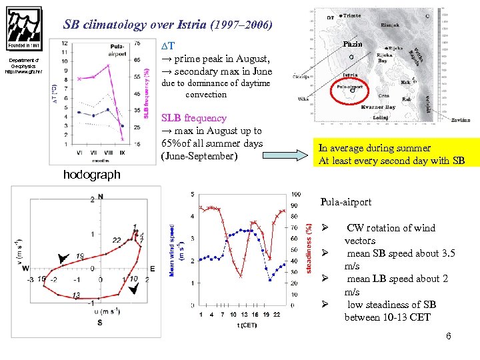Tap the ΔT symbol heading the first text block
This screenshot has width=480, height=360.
point(169,45)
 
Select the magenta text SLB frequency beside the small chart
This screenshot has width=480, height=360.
point(194,118)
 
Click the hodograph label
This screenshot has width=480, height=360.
point(91,175)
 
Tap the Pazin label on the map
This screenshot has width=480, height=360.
point(351,44)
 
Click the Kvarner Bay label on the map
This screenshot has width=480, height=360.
point(378,107)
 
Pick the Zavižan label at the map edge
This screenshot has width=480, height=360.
point(460,121)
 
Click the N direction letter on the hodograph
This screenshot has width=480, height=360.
point(101,197)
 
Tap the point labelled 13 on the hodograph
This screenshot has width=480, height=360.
point(76,295)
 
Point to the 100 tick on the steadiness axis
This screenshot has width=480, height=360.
point(296,194)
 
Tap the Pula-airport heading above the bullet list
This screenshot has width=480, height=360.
point(345,201)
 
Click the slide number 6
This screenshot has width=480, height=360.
point(448,336)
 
